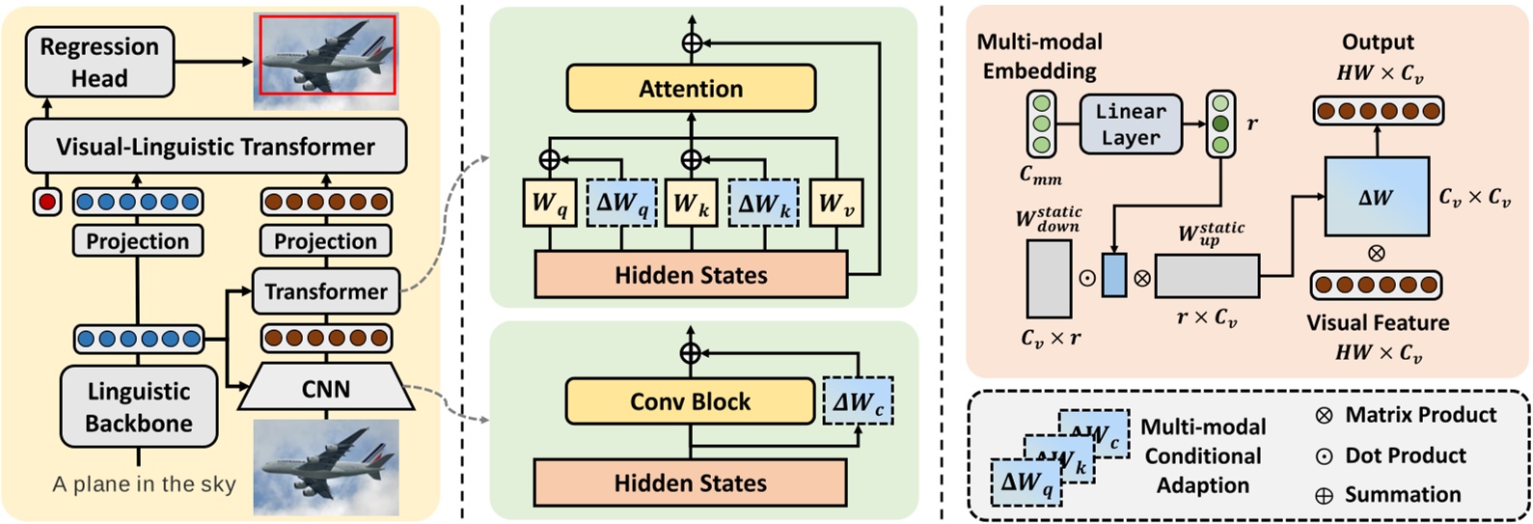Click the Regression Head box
click(x=99, y=62)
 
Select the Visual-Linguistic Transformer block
click(x=215, y=147)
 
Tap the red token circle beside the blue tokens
click(x=47, y=202)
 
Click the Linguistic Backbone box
click(x=138, y=406)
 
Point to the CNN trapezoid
click(x=325, y=389)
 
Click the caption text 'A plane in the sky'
click(x=144, y=484)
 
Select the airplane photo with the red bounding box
click(x=325, y=55)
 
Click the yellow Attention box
click(x=691, y=89)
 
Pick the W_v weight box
click(x=835, y=204)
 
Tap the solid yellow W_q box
click(x=549, y=204)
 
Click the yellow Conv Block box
click(x=690, y=401)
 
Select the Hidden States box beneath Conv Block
click(x=690, y=483)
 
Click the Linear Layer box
click(x=1131, y=124)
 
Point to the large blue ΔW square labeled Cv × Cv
click(x=1376, y=197)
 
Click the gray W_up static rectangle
click(x=1207, y=277)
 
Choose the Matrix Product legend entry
click(x=1405, y=415)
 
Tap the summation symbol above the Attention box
click(x=691, y=43)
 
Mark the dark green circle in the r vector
click(x=1221, y=124)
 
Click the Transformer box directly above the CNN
click(x=325, y=291)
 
